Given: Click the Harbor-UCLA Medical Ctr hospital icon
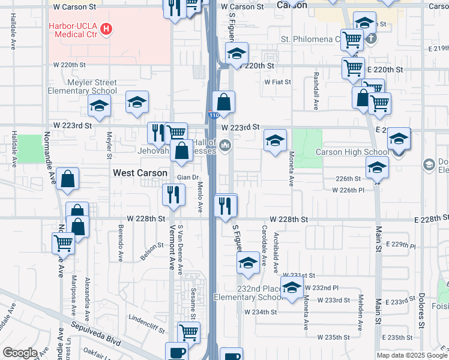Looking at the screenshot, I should click(x=107, y=28).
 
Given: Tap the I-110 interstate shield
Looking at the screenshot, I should click(x=214, y=115).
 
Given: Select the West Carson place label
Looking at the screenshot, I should click(x=140, y=173).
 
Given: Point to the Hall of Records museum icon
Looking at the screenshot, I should click(x=226, y=145).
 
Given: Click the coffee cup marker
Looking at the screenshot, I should click(x=176, y=352).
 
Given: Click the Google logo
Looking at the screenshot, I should click(x=20, y=353).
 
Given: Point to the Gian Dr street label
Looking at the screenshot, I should click(x=187, y=178).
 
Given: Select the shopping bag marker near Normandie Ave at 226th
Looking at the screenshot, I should click(x=68, y=178).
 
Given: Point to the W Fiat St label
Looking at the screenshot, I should click(x=277, y=82).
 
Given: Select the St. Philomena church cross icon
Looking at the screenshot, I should click(x=371, y=39).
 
